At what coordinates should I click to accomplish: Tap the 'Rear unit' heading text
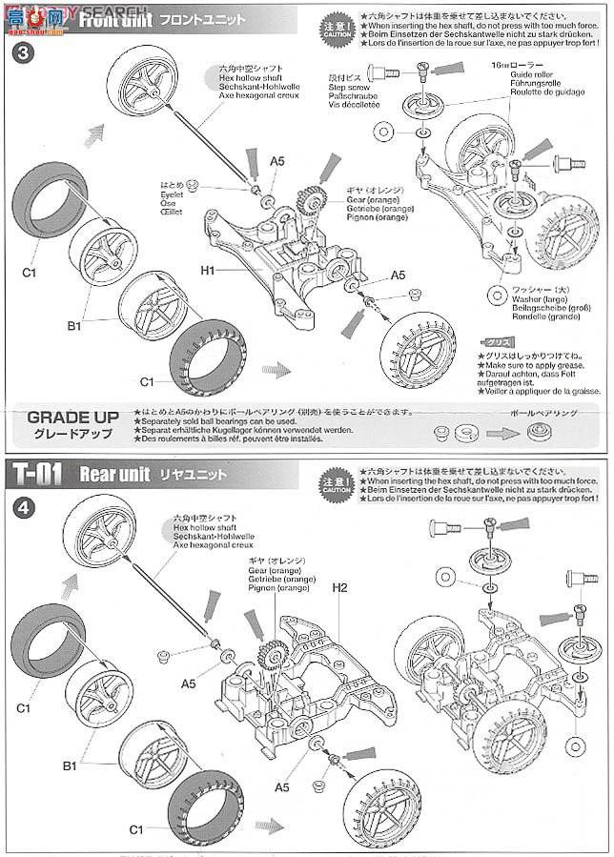point(114,474)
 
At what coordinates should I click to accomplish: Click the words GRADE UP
point(73,418)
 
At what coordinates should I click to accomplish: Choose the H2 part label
point(339,587)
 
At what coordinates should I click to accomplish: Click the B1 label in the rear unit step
point(69,765)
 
